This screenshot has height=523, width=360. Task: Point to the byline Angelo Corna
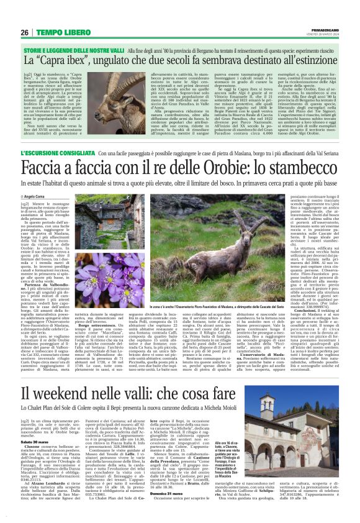(35, 194)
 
